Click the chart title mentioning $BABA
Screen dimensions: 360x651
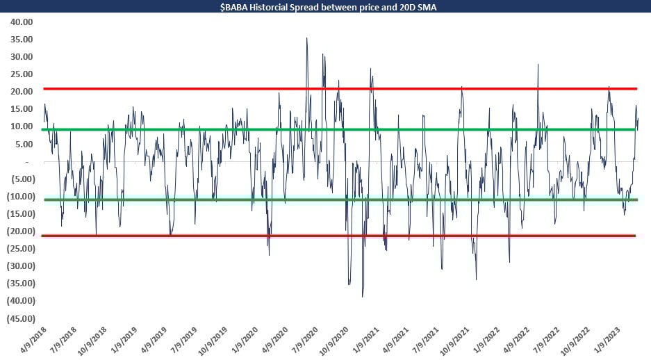(325, 8)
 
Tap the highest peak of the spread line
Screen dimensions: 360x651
(307, 38)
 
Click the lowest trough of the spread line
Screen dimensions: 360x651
(363, 297)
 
